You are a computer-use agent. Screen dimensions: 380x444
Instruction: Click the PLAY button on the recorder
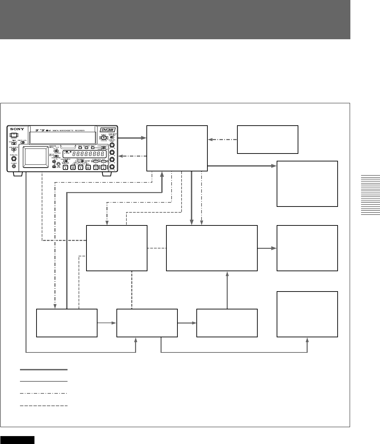(81, 168)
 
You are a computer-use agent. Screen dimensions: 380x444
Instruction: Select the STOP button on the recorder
(65, 168)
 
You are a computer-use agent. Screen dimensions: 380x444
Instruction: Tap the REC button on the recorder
(103, 168)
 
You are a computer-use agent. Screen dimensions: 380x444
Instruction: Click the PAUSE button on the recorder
(96, 168)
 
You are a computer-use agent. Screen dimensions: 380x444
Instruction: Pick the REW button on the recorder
(73, 168)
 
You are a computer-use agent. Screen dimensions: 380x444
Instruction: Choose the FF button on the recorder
(88, 168)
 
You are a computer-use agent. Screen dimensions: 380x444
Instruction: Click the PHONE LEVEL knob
(14, 159)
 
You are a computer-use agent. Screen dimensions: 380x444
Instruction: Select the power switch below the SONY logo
(14, 135)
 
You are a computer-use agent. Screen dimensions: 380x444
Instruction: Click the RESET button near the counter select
(93, 147)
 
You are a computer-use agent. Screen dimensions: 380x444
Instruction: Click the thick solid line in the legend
(43, 370)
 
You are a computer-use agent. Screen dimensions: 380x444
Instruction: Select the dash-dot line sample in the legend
(43, 393)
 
